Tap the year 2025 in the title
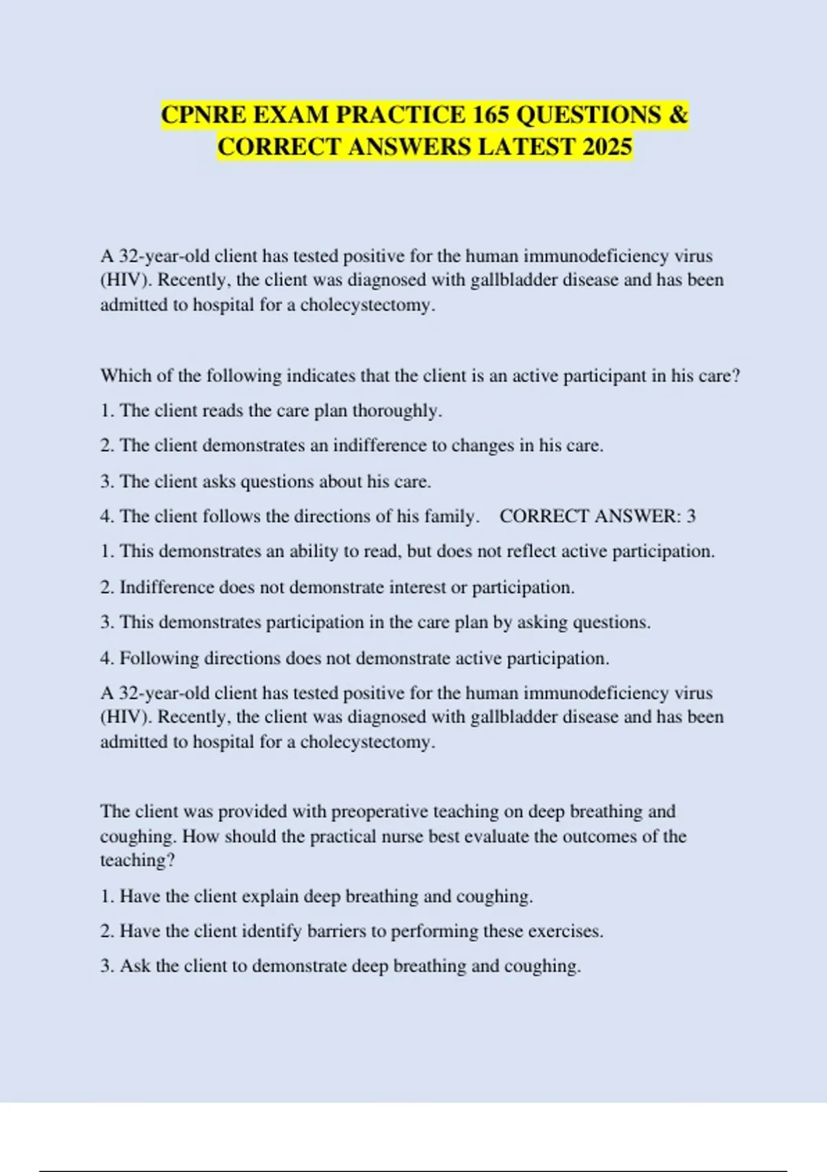(x=606, y=147)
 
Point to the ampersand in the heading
(x=678, y=114)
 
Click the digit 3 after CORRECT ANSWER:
(x=691, y=516)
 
